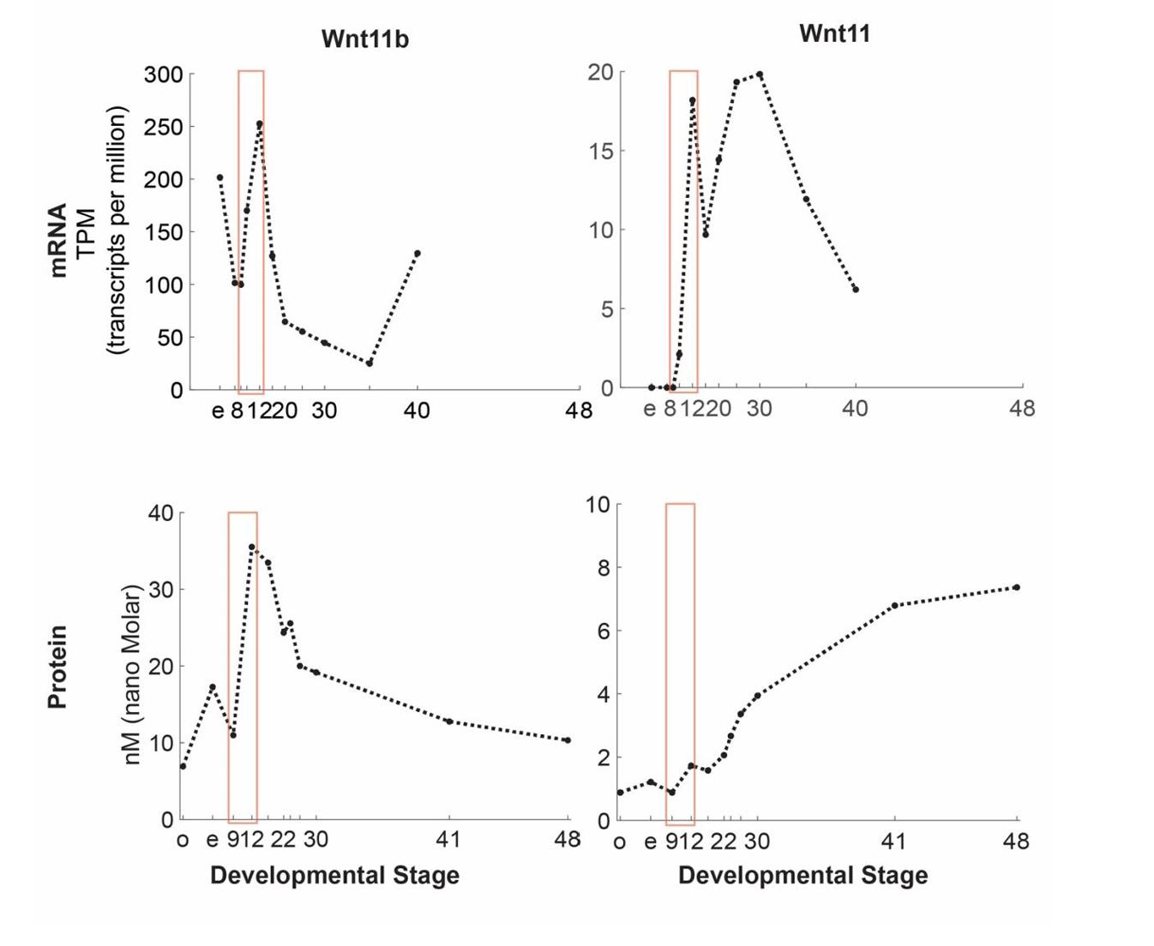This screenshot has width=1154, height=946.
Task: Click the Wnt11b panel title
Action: click(364, 39)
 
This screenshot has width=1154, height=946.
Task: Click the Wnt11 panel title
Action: click(833, 33)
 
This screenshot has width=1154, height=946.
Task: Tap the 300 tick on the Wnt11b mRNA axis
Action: click(164, 75)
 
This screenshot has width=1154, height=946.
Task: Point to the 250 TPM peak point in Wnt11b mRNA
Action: click(259, 123)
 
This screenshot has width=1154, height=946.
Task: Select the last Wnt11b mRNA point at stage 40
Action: click(418, 254)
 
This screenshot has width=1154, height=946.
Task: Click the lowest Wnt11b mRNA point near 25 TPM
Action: click(370, 363)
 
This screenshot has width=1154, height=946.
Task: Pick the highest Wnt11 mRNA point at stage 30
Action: click(760, 75)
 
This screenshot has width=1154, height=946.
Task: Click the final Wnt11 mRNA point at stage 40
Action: click(856, 290)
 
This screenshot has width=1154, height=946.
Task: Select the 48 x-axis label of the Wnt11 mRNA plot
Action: click(1021, 409)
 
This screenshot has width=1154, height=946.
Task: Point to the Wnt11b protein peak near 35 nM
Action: click(252, 547)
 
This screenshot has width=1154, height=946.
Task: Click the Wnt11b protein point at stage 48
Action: click(568, 739)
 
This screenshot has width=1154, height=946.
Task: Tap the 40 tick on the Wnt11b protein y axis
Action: click(160, 513)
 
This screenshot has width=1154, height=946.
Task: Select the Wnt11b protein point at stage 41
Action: click(449, 721)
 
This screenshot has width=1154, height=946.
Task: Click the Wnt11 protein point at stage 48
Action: click(1016, 587)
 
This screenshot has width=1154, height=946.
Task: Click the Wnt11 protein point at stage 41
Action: click(894, 606)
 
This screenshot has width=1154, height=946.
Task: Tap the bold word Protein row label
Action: click(57, 667)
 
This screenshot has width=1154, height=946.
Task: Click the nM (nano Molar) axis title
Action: click(131, 674)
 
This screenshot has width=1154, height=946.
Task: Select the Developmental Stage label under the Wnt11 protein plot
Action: click(802, 876)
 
